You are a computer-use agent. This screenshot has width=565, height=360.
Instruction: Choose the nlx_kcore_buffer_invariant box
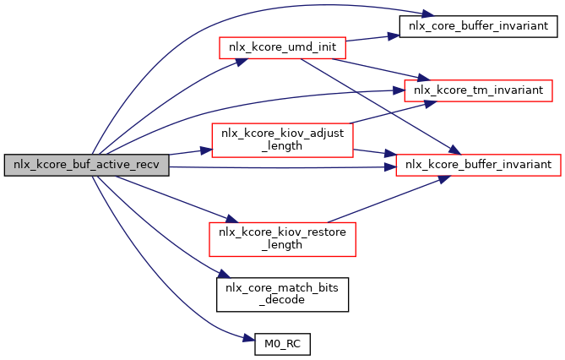pyautogui.click(x=479, y=161)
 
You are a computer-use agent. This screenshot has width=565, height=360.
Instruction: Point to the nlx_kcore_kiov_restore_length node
pyautogui.click(x=281, y=238)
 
